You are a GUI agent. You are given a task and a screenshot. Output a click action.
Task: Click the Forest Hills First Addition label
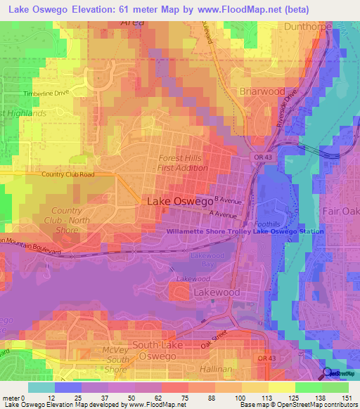pyautogui.click(x=180, y=163)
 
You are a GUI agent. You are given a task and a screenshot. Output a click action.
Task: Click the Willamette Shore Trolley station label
pyautogui.click(x=245, y=231)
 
